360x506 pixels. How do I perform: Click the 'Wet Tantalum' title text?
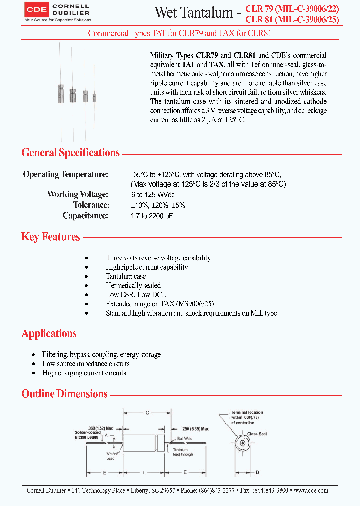point(194,13)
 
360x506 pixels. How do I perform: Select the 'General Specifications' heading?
point(70,153)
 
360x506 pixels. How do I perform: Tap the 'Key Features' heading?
point(50,237)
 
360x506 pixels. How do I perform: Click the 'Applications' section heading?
point(49,333)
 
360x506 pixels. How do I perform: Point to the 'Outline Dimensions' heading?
point(64,394)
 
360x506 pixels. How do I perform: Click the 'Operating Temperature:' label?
point(65,175)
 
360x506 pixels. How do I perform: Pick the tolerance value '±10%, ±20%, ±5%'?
point(157,205)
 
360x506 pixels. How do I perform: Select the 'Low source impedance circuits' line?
point(86,364)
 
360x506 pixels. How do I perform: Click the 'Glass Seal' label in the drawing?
point(257,434)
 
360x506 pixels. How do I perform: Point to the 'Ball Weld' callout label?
point(184,438)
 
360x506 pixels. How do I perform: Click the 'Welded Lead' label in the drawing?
point(111,456)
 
